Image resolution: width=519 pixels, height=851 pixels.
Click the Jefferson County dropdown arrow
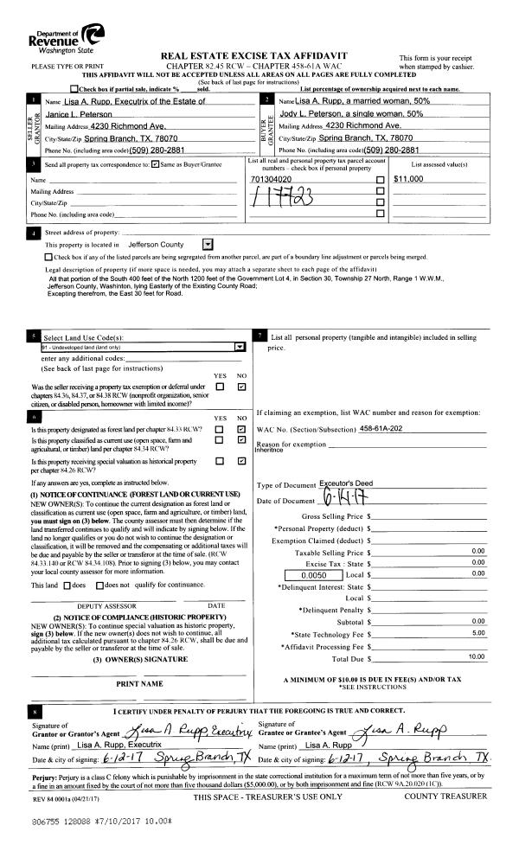207,245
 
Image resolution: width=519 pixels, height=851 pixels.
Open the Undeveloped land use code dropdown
240,345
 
